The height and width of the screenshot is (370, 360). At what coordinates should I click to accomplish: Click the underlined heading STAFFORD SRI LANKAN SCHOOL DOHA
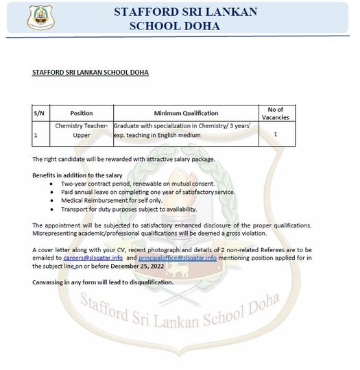[90, 72]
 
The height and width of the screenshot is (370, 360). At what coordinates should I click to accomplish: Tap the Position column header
[82, 113]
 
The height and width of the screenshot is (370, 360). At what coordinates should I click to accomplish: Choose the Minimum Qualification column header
[186, 113]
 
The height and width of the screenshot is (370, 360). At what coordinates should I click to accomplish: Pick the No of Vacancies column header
[275, 113]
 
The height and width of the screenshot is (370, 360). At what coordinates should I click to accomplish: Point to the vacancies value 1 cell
[275, 134]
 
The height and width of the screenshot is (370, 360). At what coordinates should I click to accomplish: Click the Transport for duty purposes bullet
[128, 209]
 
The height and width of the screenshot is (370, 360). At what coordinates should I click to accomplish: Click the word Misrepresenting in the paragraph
[56, 233]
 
